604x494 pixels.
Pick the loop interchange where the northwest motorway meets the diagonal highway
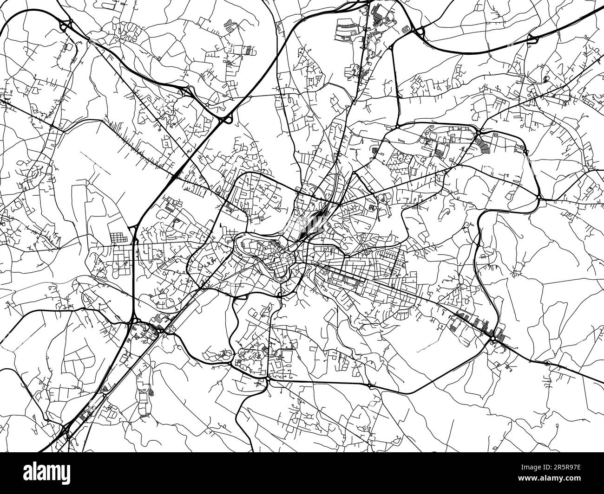click(x=227, y=120)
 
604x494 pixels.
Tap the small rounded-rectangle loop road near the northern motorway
click(x=407, y=27)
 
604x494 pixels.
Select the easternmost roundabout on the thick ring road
click(x=538, y=199)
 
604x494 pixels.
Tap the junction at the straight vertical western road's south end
click(x=134, y=320)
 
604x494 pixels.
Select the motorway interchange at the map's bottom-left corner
click(x=66, y=434)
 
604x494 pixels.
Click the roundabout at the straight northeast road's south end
click(x=398, y=126)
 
